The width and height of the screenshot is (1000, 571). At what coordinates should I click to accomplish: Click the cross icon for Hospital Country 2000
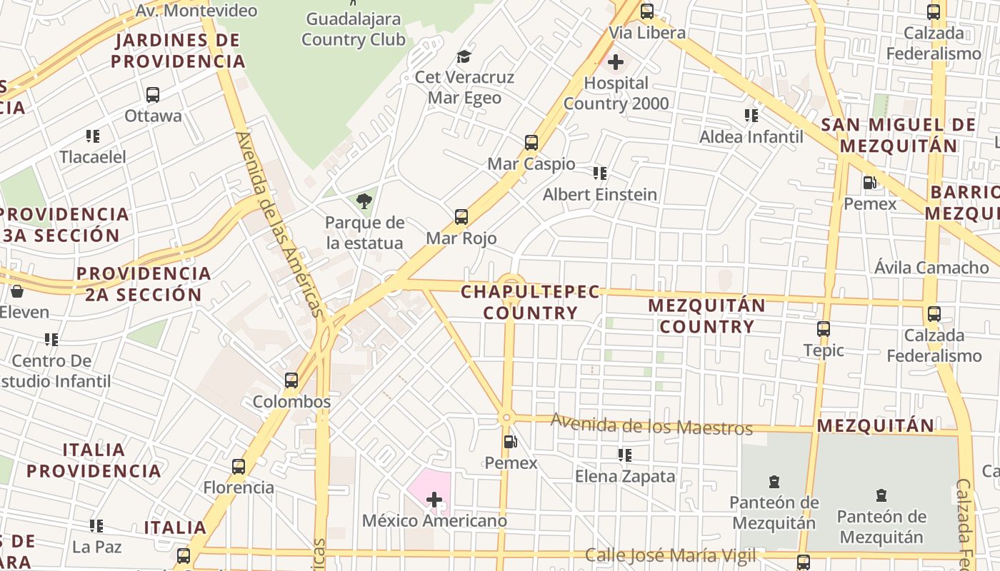615,62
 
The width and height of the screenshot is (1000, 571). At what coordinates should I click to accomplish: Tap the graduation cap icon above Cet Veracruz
464,56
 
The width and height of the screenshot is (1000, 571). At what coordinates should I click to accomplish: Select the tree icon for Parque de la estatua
364,201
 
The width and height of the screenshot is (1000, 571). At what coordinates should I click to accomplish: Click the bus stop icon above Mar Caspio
531,142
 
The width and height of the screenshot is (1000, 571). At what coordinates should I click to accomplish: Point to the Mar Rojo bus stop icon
461,216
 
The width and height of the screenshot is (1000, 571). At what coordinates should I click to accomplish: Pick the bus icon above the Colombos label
291,380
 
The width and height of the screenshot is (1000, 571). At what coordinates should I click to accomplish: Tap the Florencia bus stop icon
239,467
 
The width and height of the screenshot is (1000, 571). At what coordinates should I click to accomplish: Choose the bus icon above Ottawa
152,94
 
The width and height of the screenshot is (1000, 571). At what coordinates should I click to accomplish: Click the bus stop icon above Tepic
824,329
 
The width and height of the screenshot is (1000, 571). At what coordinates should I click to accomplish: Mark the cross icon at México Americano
434,500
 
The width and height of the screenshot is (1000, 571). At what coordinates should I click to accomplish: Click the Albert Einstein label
600,194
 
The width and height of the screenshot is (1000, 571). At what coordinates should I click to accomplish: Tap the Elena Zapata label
625,476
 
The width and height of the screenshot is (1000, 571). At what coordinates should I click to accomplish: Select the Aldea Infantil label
751,136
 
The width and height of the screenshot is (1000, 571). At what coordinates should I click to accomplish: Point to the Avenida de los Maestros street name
651,425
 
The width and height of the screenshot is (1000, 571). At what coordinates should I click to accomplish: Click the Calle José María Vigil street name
670,555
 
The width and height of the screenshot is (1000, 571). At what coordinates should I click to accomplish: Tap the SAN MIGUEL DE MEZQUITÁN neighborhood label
898,135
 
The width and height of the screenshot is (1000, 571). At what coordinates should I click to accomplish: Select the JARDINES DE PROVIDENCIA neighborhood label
178,50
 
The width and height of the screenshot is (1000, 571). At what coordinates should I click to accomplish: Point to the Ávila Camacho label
931,268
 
